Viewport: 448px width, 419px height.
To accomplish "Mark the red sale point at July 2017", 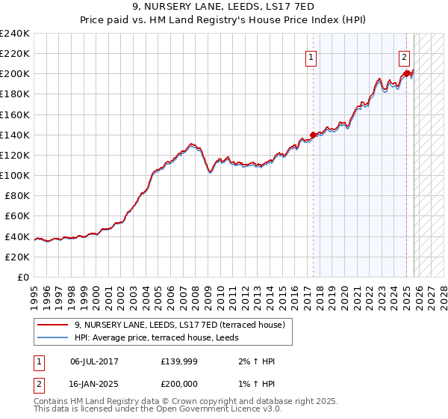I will (x=312, y=135).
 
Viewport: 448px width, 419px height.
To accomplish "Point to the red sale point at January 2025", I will (x=406, y=73).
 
